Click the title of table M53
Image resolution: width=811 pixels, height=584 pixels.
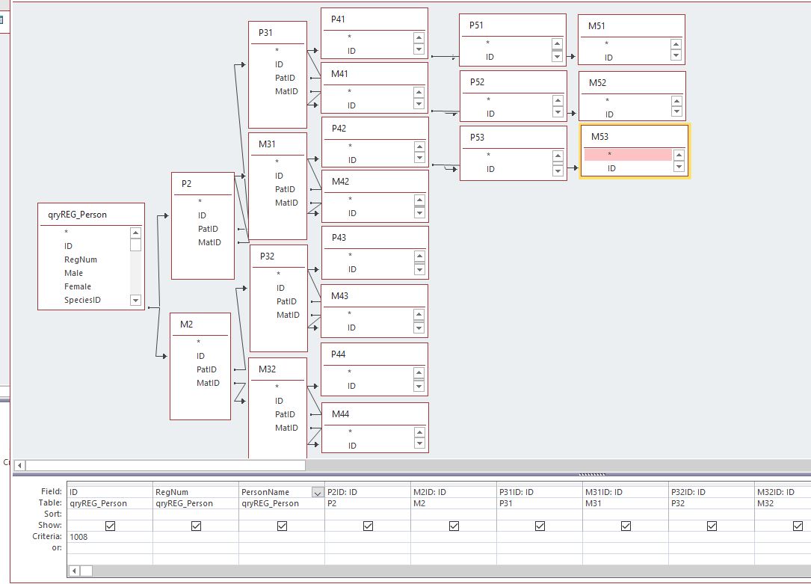tap(599, 137)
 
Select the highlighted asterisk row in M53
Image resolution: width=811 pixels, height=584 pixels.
tap(628, 154)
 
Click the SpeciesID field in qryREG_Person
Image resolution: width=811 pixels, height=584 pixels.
tap(82, 300)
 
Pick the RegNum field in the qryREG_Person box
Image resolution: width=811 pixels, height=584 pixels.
tap(80, 259)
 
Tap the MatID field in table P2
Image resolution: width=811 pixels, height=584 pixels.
tap(209, 242)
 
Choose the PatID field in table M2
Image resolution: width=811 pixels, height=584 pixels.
tap(206, 369)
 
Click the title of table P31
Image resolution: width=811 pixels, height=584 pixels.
tap(265, 33)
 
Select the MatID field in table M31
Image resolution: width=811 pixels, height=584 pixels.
tap(286, 203)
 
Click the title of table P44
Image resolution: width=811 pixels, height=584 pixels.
tap(339, 354)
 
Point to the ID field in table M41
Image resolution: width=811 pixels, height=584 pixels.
tap(351, 105)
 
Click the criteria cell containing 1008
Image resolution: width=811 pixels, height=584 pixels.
tap(110, 537)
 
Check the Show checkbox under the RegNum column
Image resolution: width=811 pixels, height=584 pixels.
tap(196, 526)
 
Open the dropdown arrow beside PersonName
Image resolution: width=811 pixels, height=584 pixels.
tap(318, 493)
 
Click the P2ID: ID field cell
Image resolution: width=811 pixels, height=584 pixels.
tap(368, 492)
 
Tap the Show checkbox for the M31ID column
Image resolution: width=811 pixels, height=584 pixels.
tap(626, 526)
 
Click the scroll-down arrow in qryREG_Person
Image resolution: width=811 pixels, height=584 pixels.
tap(135, 300)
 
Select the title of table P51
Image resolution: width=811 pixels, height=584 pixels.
tap(476, 25)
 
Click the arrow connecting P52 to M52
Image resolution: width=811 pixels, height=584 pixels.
tap(572, 113)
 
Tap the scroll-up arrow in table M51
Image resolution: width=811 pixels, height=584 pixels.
tap(676, 44)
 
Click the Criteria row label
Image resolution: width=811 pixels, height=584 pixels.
tap(47, 536)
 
